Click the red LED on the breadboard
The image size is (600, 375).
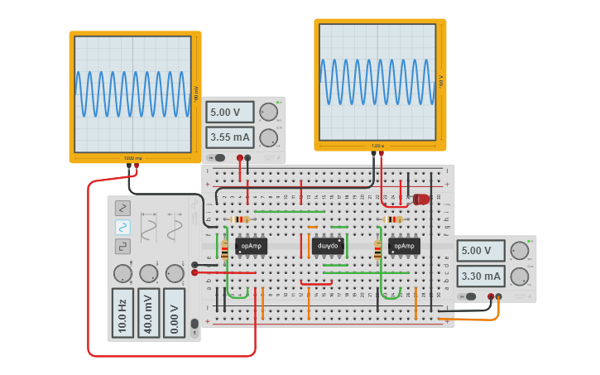pos(421,200)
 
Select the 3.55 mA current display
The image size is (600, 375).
pos(231,137)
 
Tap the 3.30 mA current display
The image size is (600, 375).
pos(482,276)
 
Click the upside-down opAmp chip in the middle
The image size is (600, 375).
pos(328,246)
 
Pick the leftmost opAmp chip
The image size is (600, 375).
pos(251,246)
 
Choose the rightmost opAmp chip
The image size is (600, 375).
pos(404,246)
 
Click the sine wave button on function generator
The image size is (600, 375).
pos(122,227)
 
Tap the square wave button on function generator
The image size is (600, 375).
pos(122,246)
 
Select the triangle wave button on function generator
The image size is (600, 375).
pos(122,208)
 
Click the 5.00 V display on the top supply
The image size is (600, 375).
pos(231,113)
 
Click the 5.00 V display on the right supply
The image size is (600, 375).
pos(482,251)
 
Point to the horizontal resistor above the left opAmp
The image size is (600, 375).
pos(240,219)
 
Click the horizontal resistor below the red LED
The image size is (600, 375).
pos(393,219)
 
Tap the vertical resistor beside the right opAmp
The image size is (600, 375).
pos(378,249)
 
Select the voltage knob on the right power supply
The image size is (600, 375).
pos(520,251)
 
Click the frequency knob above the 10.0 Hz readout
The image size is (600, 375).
pos(122,273)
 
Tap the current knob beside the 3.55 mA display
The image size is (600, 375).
pos(268,137)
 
